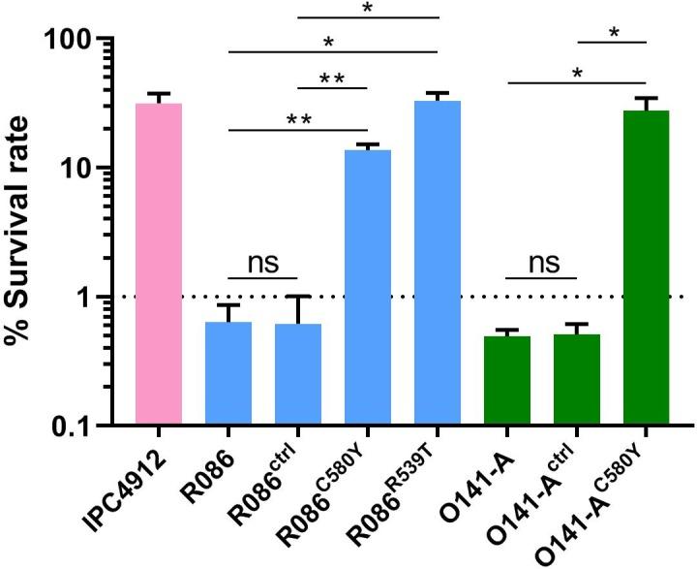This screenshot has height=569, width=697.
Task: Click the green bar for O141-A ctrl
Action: (x=576, y=379)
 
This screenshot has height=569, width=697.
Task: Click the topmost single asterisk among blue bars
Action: (x=368, y=9)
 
